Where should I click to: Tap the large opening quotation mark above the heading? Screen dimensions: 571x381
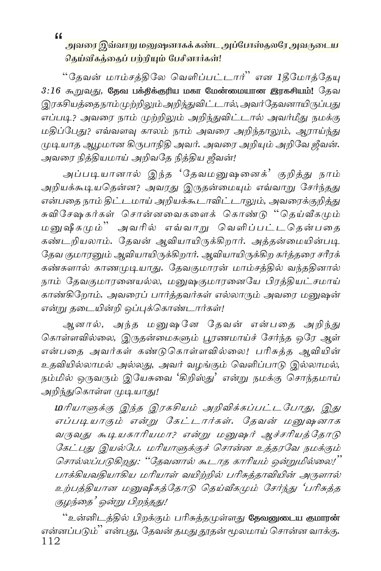pyautogui.click(x=58, y=35)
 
